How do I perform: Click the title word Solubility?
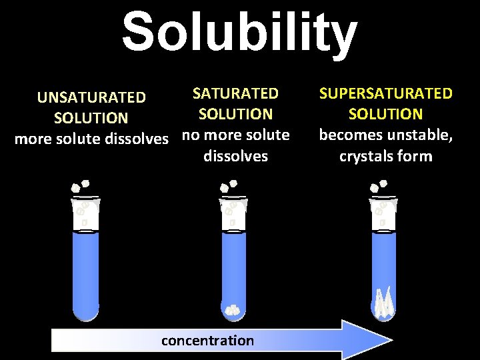pyautogui.click(x=239, y=31)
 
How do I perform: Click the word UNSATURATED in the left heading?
pyautogui.click(x=91, y=97)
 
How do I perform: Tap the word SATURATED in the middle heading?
pyautogui.click(x=235, y=93)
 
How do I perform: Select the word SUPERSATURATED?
pyautogui.click(x=385, y=93)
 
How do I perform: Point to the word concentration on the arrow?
pyautogui.click(x=207, y=341)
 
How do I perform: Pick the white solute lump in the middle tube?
pyautogui.click(x=232, y=309)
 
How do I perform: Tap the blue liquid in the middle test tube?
pyautogui.click(x=233, y=267)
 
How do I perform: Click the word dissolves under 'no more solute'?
pyautogui.click(x=235, y=157)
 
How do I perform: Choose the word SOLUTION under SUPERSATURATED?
pyautogui.click(x=385, y=114)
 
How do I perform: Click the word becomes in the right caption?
pyautogui.click(x=350, y=135)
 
